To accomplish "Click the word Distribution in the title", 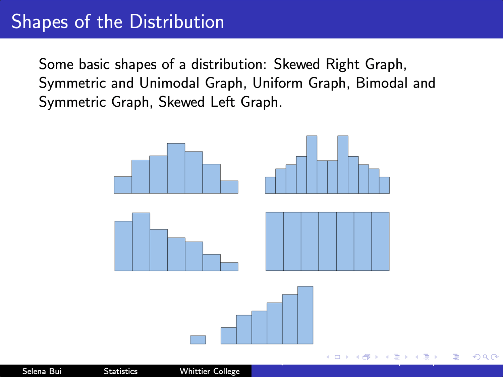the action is tap(177, 21).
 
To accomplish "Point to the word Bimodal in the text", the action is tap(382, 83).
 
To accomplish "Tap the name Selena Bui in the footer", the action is tap(42, 371).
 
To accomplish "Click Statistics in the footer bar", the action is tap(120, 371).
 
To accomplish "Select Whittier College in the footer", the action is tap(210, 371).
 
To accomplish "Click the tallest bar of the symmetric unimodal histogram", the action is tap(176, 168).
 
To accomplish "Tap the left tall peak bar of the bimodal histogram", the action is tap(312, 165).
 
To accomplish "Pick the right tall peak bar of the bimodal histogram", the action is tap(343, 165).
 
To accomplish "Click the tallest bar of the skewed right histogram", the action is tap(141, 242).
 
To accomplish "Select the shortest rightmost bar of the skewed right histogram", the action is tap(229, 267).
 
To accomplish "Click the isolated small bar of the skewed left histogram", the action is tap(198, 340).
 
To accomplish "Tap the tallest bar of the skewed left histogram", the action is tap(305, 315).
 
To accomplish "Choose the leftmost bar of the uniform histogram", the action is tap(275, 241).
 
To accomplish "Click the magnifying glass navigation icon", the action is tap(485, 357).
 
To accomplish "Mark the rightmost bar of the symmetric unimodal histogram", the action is tap(229, 187).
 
